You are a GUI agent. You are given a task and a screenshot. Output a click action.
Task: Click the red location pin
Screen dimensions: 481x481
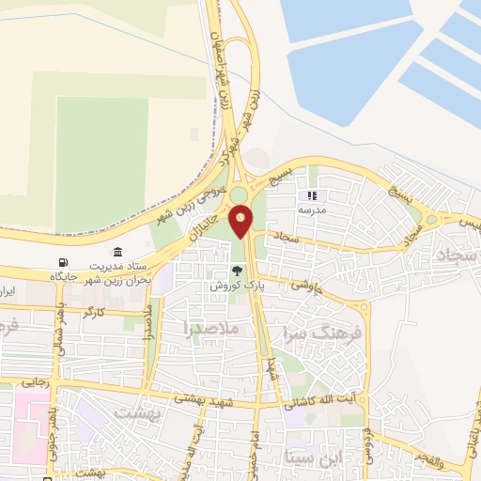(x=241, y=222)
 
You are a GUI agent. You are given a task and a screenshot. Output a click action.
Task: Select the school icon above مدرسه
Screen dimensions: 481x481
(x=312, y=196)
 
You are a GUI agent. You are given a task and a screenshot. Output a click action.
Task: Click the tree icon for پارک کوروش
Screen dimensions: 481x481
(x=237, y=271)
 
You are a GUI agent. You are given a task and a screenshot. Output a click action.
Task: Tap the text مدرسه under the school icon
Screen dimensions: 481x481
(x=312, y=211)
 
